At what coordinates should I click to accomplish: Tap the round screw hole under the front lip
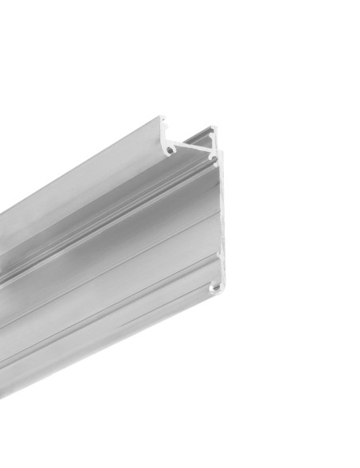170,148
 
